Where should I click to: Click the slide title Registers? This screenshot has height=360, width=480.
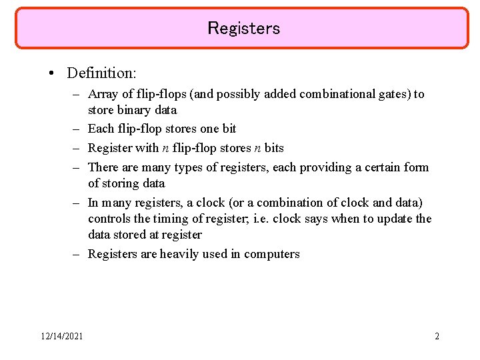coord(243,28)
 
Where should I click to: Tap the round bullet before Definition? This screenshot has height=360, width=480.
coord(52,72)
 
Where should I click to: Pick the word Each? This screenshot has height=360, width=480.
coord(100,129)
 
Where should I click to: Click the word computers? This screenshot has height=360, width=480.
coord(272,254)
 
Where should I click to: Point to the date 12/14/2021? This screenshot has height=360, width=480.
coord(61,336)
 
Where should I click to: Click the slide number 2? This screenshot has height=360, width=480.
coord(437,336)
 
